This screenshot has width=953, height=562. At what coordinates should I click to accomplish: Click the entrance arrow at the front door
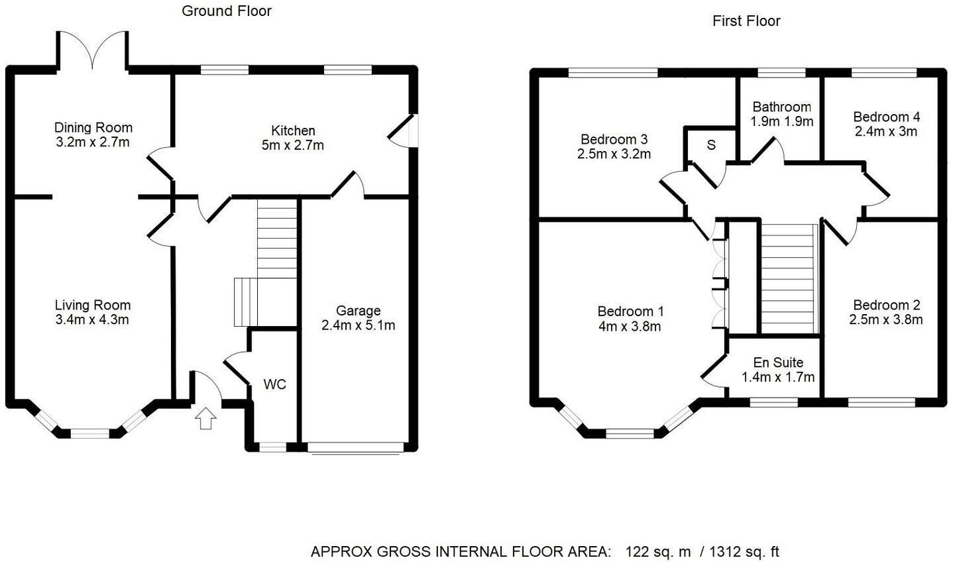[x=206, y=419]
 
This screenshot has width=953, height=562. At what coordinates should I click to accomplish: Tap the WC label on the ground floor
[x=275, y=384]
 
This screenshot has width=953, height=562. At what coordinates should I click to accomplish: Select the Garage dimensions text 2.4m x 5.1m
[x=358, y=325]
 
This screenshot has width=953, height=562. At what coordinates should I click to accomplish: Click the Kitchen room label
[x=293, y=131]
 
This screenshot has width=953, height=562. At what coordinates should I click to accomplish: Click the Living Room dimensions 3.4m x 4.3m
[x=92, y=320]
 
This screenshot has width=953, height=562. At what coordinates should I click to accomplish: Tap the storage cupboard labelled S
[x=711, y=144]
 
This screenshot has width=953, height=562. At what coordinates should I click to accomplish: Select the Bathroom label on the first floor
[x=782, y=107]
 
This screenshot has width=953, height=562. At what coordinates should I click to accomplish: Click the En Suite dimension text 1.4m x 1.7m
[x=778, y=377]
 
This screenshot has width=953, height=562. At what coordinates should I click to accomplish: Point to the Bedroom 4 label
[x=886, y=117]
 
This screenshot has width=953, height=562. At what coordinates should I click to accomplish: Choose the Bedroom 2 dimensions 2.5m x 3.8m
[x=886, y=319]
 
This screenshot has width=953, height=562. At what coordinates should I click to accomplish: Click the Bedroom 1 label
[x=630, y=311]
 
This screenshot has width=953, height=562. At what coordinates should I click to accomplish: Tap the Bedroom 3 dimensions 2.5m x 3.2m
[x=614, y=154]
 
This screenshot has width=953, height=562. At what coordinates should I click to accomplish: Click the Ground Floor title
[x=227, y=11]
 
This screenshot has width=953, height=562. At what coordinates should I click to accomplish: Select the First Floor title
[x=746, y=21]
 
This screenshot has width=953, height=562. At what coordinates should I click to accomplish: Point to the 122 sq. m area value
[x=657, y=551]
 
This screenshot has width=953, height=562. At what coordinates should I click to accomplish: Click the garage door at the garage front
[x=357, y=448]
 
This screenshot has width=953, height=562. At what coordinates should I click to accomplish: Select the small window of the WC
[x=272, y=447]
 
